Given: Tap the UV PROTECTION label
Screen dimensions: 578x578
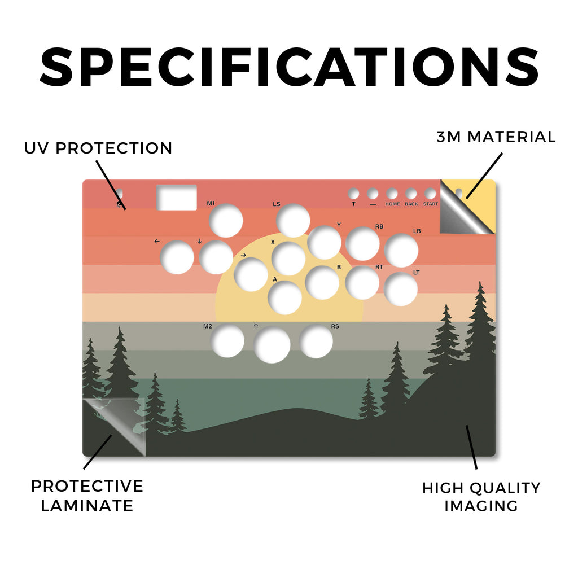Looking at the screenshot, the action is coord(98,148).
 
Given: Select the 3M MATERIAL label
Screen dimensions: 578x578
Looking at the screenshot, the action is coord(496,137).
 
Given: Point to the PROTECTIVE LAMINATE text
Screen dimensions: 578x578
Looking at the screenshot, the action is coord(87,496).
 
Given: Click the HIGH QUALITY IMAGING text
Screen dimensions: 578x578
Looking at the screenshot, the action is coord(481,497).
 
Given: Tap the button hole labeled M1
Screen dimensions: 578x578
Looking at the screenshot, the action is coord(226,221).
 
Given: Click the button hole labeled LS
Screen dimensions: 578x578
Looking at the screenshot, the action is coord(293,221).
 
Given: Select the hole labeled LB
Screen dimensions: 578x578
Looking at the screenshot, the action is coord(401,250).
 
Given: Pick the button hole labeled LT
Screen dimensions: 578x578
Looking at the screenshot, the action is coord(401,289).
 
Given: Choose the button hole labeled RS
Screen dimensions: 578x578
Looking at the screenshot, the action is coord(316,341).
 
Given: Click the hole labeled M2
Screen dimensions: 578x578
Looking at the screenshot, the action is coord(228,341).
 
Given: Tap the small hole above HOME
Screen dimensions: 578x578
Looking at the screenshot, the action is coord(392,193).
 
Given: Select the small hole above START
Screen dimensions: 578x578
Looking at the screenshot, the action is coord(430,193).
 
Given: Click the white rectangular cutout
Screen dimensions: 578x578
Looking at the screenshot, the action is coord(177,198).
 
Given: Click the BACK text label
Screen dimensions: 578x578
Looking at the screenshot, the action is coord(411,204).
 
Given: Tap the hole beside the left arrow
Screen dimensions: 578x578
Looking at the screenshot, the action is coord(177,257).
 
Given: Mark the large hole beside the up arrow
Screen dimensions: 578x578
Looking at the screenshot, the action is coord(272,345).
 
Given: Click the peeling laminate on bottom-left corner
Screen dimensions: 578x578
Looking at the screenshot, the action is coord(114,427).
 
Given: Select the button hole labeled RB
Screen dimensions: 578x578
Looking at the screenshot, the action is coord(363,244).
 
